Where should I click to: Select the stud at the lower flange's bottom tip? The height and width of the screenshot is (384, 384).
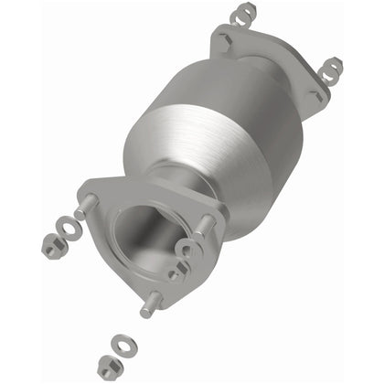click(150, 304)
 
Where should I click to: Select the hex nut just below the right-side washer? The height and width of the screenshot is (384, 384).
click(176, 272)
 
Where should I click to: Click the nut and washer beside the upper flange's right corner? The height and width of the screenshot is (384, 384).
click(332, 68)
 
